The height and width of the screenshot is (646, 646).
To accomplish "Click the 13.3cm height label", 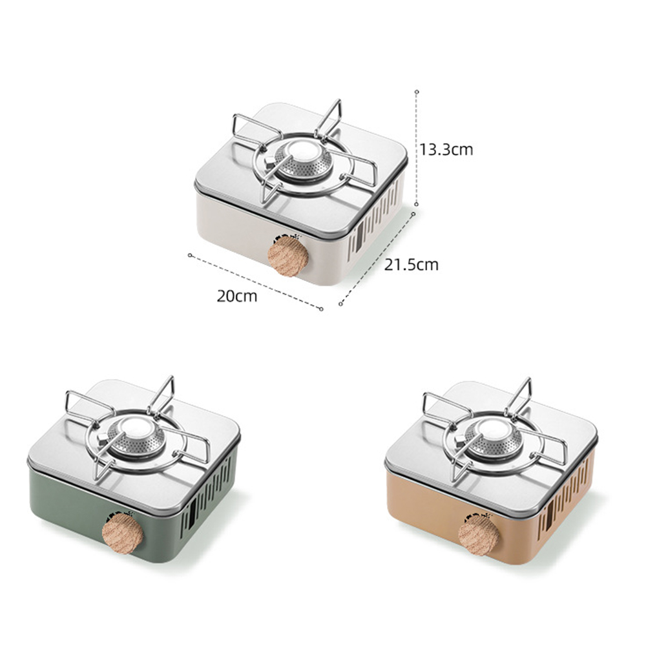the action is coord(446,149).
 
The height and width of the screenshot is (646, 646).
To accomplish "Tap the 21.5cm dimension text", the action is coord(411,264).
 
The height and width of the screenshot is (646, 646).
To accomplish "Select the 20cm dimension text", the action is coord(237,297).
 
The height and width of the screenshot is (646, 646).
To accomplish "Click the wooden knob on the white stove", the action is coord(287,255).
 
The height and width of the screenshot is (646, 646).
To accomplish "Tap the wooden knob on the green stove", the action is coord(122,534).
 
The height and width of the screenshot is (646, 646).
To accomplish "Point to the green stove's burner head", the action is coord(137,439).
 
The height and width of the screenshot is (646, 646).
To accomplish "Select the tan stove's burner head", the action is coord(494,441).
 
